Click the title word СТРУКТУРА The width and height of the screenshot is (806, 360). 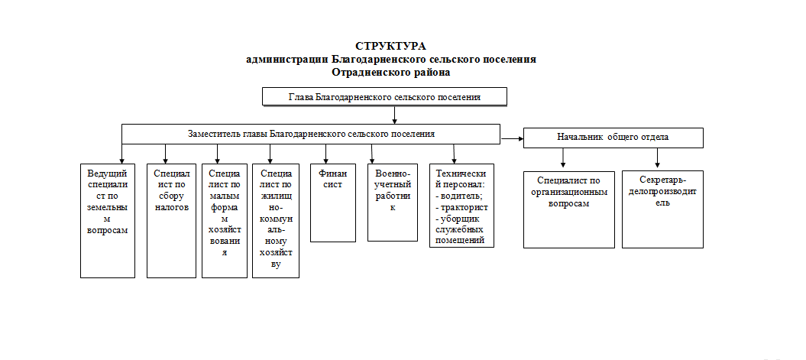(390, 47)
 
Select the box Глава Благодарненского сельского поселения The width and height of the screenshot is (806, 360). (384, 96)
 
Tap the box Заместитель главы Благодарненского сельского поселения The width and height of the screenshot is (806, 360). (310, 135)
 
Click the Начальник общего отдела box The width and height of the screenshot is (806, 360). (613, 138)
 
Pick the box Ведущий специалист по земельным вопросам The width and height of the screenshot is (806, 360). (108, 221)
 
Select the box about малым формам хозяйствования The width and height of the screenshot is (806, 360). (224, 221)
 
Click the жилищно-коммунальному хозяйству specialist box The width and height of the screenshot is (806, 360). (276, 221)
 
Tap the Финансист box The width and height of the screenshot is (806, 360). (332, 203)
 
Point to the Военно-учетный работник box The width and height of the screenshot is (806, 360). (392, 202)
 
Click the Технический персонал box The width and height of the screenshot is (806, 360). (461, 206)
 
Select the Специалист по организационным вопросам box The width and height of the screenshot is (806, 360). (568, 210)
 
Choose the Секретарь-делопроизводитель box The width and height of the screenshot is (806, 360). (662, 209)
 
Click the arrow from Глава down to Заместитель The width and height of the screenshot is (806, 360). (394, 115)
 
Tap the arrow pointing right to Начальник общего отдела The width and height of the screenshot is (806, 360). (512, 138)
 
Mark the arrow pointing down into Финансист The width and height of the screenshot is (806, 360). (325, 154)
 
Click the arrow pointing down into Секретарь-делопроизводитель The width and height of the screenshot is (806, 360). (657, 157)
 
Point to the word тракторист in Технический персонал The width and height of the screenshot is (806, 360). (464, 208)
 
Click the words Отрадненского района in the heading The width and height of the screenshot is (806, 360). (390, 73)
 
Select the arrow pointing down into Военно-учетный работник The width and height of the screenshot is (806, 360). (372, 154)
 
